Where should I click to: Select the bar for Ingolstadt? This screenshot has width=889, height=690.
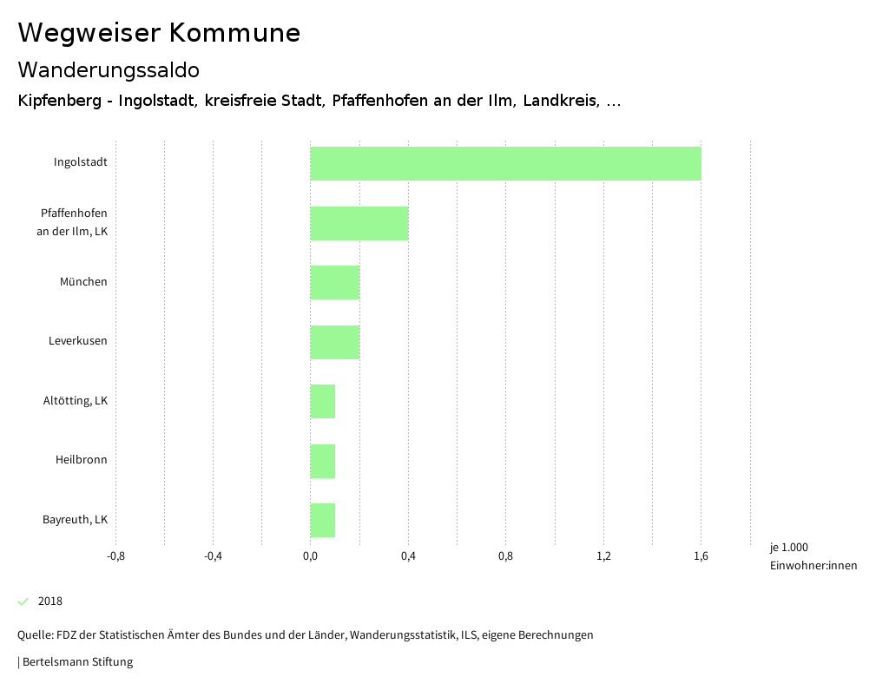(x=505, y=163)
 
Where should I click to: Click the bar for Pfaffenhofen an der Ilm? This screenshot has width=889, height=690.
(x=359, y=223)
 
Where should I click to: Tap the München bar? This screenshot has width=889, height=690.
(x=334, y=282)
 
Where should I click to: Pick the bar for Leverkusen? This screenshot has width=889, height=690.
(x=334, y=342)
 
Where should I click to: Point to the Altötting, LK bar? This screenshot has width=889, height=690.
(x=322, y=401)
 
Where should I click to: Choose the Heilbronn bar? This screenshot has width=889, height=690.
(x=322, y=461)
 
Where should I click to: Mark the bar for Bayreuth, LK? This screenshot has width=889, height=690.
(x=322, y=520)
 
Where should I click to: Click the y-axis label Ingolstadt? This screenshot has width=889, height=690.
(x=80, y=162)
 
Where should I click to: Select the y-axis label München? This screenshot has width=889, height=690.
(x=83, y=282)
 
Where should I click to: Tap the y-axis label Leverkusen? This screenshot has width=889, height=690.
(x=77, y=341)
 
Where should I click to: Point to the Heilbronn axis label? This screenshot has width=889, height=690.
(x=81, y=460)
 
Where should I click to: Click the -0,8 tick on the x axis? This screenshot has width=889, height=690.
(x=115, y=556)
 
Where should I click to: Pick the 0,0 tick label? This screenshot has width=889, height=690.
(x=310, y=556)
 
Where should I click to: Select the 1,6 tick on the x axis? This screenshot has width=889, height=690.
(x=701, y=556)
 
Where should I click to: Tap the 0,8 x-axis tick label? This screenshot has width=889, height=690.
(x=505, y=556)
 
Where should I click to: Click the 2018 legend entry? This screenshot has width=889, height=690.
(x=49, y=601)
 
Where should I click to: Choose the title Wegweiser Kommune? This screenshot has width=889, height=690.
(x=159, y=33)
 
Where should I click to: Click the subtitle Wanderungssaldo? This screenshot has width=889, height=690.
(x=109, y=69)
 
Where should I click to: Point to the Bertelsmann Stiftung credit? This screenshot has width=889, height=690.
(x=76, y=662)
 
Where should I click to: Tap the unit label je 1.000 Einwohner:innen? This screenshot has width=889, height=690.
(x=813, y=556)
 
